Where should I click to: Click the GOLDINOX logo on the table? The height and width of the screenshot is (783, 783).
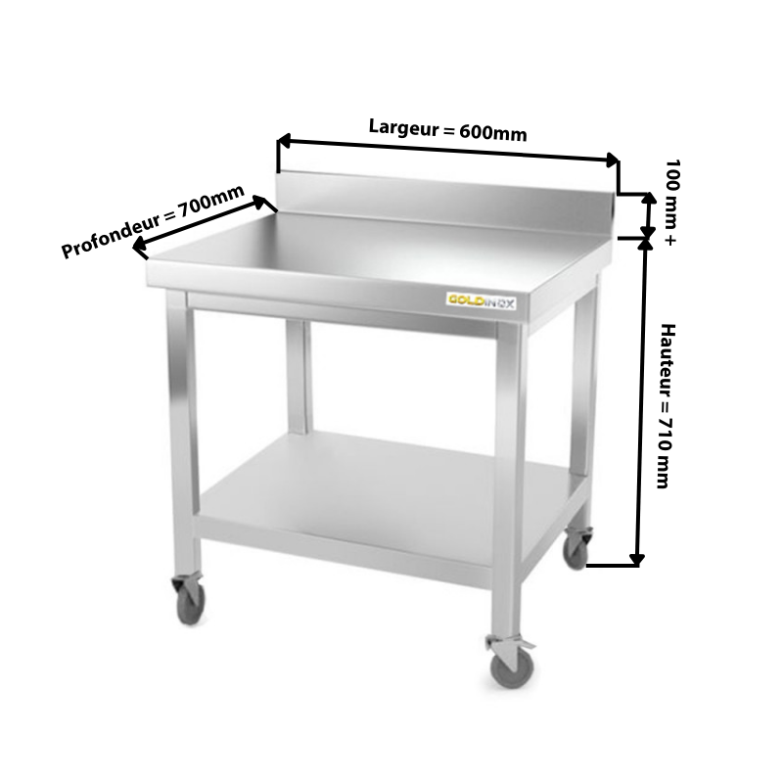coord(481,301)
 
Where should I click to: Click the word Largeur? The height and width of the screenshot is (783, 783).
coord(403,127)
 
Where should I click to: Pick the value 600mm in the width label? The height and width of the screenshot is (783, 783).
coord(493,132)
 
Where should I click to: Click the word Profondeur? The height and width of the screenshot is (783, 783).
coord(111,234)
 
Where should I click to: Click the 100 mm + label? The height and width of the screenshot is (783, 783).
coord(671,202)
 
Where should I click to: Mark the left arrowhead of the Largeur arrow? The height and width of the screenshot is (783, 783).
coord(283,141)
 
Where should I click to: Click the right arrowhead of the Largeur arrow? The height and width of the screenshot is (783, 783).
coord(613,160)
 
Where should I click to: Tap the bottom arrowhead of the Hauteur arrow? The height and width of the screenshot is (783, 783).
coord(637,560)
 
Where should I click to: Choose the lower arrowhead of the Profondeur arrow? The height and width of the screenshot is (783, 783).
coord(139,246)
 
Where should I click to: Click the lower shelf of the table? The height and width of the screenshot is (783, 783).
coord(385,493)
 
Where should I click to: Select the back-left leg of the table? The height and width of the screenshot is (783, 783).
coord(299,376)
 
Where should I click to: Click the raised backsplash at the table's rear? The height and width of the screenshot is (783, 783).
coord(444,203)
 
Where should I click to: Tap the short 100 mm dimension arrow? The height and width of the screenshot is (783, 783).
coord(648,215)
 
